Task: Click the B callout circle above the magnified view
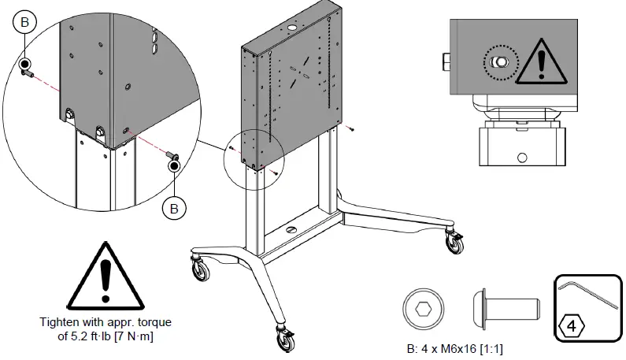coord(24,21)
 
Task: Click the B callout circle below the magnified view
coord(174,208)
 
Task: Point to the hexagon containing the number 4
coord(572,326)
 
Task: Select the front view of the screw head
coord(423,309)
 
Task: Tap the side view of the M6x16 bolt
coord(506,309)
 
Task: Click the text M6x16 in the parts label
coord(458,349)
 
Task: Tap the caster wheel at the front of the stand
coord(286,339)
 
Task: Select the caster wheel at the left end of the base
coord(201,269)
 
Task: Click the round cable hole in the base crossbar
coord(291,229)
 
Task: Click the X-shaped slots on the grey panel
coord(299,72)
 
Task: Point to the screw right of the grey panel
coord(350,128)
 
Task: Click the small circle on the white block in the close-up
coord(522,158)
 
